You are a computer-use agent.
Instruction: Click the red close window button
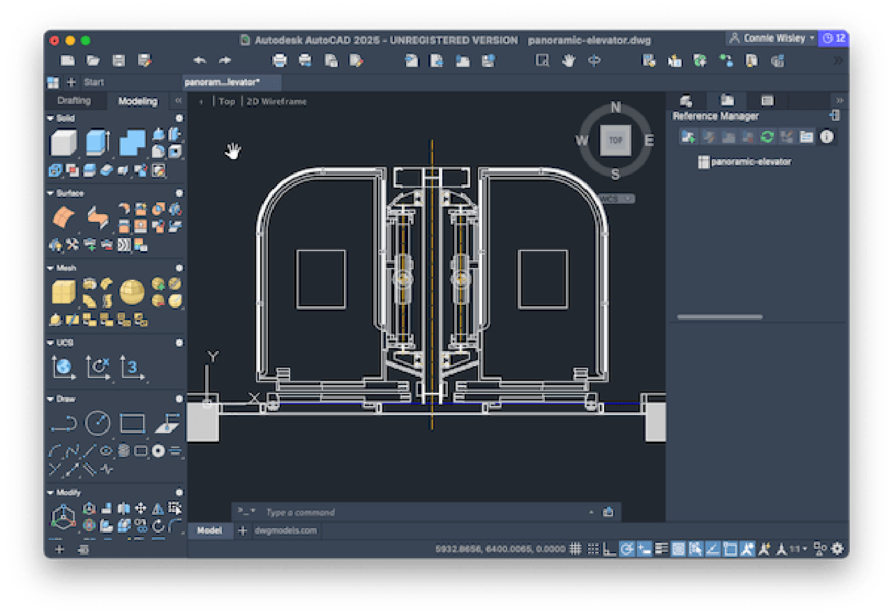pos(54,40)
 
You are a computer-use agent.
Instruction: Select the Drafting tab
pos(74,101)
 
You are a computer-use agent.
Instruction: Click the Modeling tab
pos(137,101)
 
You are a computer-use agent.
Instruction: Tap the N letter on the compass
pos(615,107)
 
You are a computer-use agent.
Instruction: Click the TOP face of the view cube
pos(615,140)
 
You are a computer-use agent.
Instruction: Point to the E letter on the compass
pos(649,141)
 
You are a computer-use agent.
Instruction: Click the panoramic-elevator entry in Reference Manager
pos(751,162)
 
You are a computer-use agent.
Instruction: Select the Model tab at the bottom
pos(209,531)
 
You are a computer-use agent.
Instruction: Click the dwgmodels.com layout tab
pos(285,531)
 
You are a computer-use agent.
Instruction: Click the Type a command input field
pos(419,512)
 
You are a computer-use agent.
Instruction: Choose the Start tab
pos(94,82)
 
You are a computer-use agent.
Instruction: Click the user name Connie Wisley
pos(774,38)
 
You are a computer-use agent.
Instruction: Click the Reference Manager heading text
pos(715,117)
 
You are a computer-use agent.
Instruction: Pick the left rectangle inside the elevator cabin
pos(321,279)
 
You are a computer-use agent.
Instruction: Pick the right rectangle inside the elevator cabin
pos(542,279)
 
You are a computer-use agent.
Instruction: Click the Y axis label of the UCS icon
pos(213,357)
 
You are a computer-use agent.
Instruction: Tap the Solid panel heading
pos(66,119)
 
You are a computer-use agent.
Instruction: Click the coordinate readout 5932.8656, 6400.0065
pos(500,549)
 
